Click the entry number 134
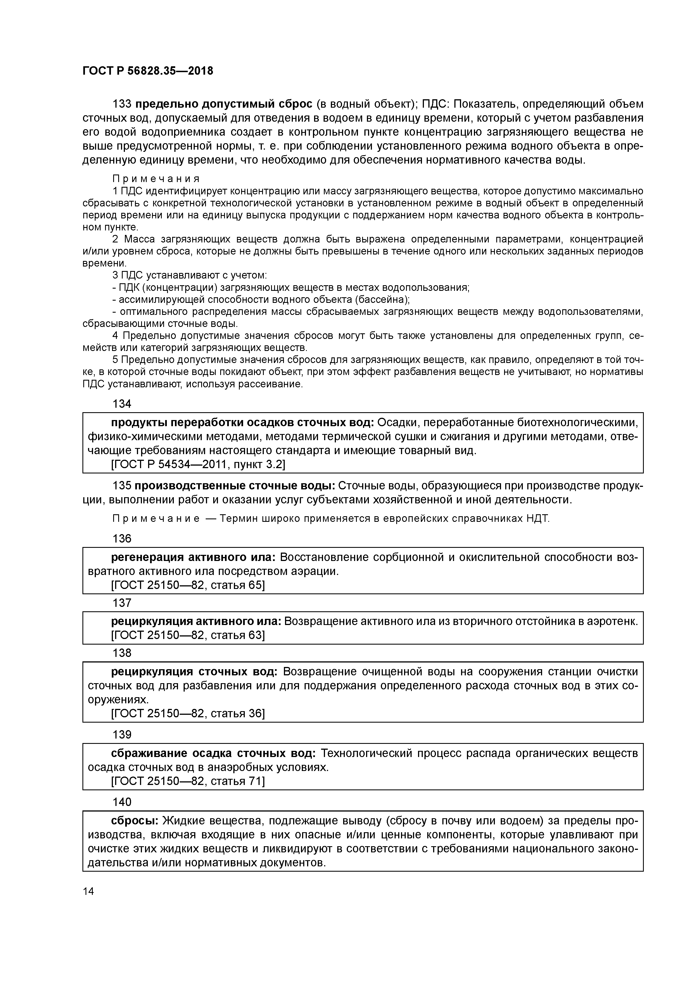pyautogui.click(x=122, y=404)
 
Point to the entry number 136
pyautogui.click(x=122, y=538)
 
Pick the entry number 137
pyautogui.click(x=122, y=603)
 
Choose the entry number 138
pyautogui.click(x=122, y=653)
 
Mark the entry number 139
pyautogui.click(x=122, y=734)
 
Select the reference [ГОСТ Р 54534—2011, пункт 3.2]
pyautogui.click(x=198, y=464)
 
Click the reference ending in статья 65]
pyautogui.click(x=188, y=585)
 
